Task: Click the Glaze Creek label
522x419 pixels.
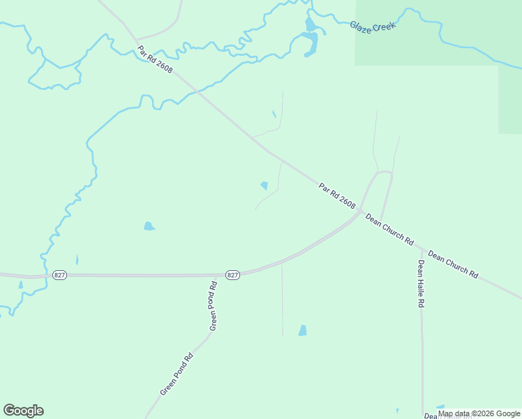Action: click(x=373, y=25)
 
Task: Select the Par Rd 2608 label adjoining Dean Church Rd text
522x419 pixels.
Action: click(x=337, y=196)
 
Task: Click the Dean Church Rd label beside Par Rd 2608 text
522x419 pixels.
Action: click(x=389, y=229)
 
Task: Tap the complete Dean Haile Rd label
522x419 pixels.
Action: click(x=421, y=284)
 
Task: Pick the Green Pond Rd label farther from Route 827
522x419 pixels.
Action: click(x=177, y=374)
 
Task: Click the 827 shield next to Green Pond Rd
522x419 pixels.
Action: click(x=233, y=275)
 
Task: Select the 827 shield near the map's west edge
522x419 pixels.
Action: click(x=60, y=275)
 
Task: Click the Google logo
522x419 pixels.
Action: click(x=23, y=411)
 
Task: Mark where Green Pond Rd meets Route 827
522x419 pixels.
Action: click(x=212, y=275)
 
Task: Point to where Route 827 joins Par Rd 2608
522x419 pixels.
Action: click(x=359, y=212)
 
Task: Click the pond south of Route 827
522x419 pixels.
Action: click(x=302, y=330)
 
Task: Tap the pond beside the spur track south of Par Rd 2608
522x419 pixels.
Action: click(x=264, y=186)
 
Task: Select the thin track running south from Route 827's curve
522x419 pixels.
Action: click(x=282, y=300)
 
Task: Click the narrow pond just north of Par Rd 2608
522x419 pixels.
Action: click(x=274, y=115)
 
